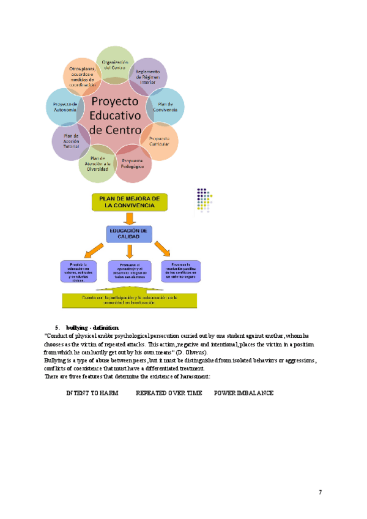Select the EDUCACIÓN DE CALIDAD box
128,233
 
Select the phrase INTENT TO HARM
92,392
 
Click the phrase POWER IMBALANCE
243,392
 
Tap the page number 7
320,492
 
